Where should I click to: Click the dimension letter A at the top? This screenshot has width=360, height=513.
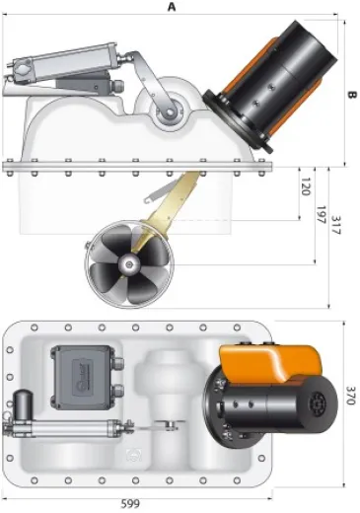[x=172, y=7]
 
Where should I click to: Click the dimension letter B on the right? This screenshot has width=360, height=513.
[x=351, y=95]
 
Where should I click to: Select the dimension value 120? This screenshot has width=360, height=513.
[x=306, y=186]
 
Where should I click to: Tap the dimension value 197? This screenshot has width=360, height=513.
[x=321, y=215]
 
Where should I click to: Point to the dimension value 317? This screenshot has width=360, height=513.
[x=336, y=225]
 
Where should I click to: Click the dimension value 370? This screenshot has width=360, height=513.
[x=351, y=395]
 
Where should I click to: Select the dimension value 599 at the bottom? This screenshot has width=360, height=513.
[x=130, y=504]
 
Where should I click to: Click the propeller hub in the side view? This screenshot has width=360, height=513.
[x=128, y=264]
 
